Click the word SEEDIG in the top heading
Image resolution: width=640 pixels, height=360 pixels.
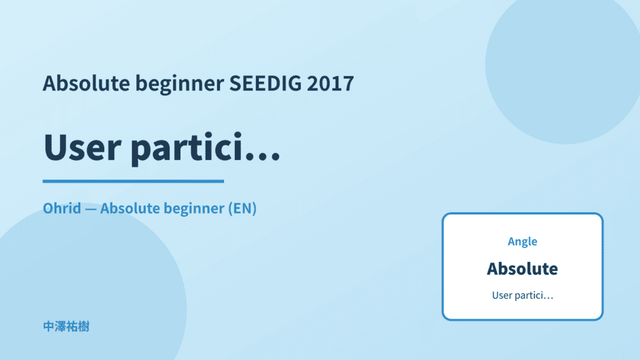click(x=266, y=83)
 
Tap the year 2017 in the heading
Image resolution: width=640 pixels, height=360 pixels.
click(x=331, y=83)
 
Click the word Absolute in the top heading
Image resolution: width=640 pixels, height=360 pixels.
click(x=86, y=83)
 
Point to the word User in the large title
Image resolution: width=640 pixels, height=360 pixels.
click(x=82, y=147)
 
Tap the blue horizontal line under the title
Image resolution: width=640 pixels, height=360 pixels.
click(x=133, y=181)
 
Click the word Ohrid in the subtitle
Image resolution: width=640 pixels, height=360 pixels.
click(x=62, y=208)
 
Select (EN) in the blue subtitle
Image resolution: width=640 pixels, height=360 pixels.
click(x=242, y=208)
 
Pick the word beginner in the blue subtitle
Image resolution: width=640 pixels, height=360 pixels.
click(x=194, y=209)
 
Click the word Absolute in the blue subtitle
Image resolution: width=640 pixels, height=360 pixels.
click(x=130, y=208)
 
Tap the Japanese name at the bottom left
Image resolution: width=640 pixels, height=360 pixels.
click(x=66, y=327)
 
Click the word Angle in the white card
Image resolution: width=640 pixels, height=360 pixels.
click(x=522, y=242)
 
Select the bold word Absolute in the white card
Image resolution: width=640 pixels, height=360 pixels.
click(x=522, y=269)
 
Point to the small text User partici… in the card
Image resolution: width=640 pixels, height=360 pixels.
click(x=522, y=295)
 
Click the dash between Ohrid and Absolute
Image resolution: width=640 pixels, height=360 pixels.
click(x=91, y=209)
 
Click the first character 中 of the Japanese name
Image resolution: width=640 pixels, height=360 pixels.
click(x=48, y=327)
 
